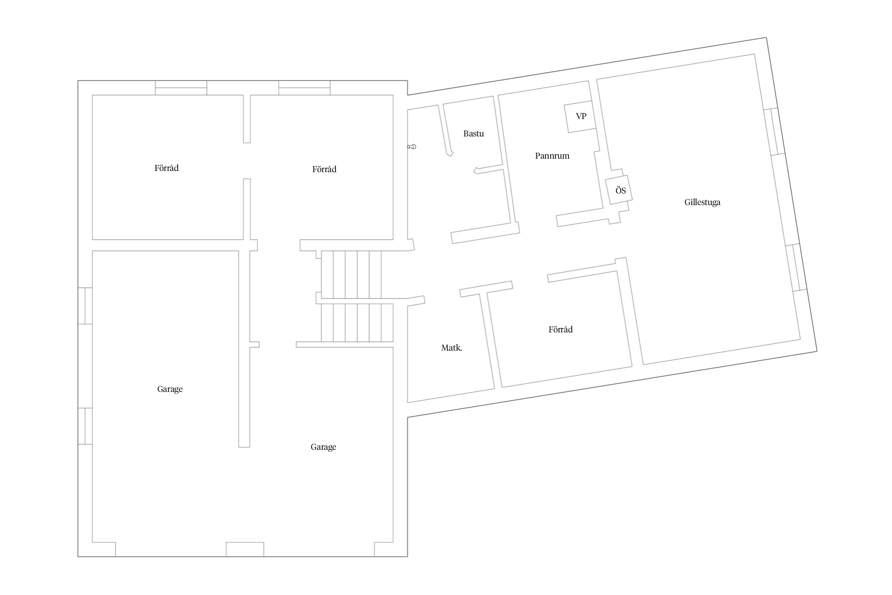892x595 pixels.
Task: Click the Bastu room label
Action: (473, 134)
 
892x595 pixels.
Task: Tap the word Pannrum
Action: (552, 156)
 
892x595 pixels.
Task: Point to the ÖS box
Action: (619, 190)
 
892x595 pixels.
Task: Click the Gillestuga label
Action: (702, 202)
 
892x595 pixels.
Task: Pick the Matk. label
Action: (452, 348)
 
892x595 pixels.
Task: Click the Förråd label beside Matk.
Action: (560, 330)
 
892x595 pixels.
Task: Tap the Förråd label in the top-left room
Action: (167, 168)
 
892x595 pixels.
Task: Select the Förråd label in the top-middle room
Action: (324, 169)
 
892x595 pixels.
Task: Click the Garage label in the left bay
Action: (170, 389)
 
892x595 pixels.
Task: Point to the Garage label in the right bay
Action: (323, 447)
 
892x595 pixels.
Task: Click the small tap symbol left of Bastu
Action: (412, 147)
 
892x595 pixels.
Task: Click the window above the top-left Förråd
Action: (181, 88)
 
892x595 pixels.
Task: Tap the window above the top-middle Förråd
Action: (304, 88)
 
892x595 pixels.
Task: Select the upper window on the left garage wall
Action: (85, 306)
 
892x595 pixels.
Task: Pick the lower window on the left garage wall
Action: (85, 426)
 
